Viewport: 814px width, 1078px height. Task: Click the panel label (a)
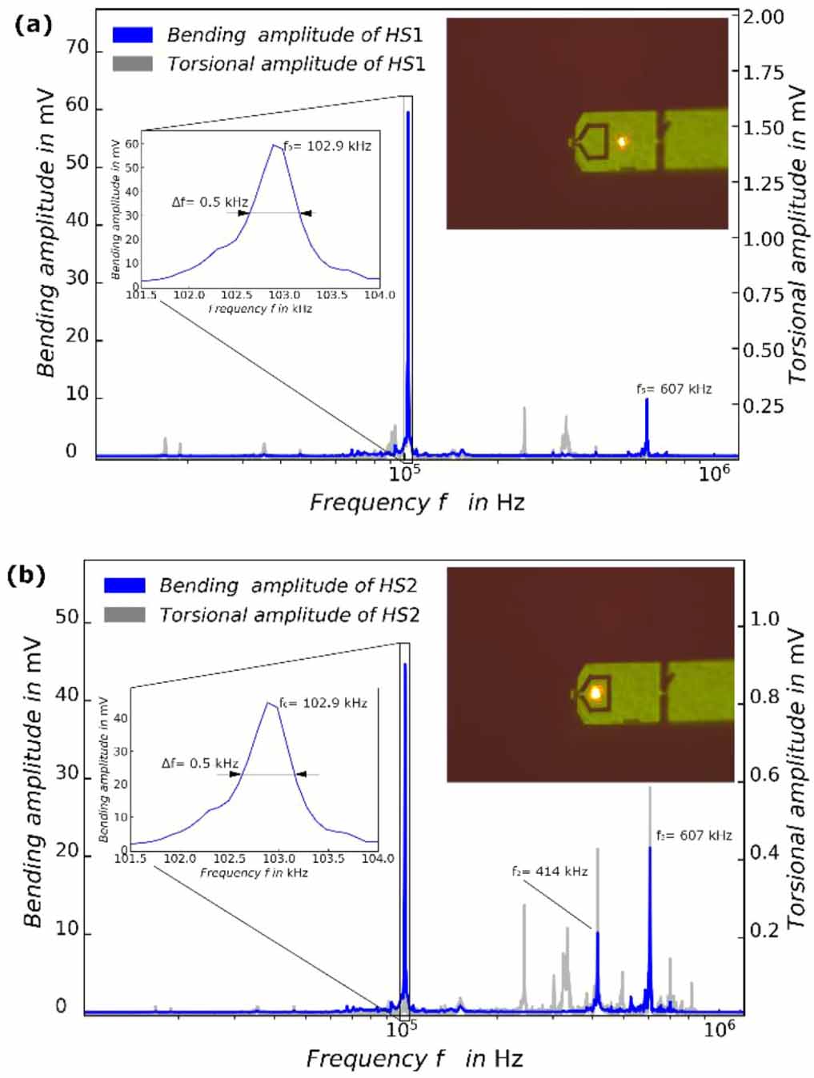point(33,25)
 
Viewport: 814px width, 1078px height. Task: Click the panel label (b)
point(26,575)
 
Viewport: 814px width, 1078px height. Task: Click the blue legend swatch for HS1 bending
point(132,35)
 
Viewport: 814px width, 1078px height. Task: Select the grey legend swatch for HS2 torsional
point(124,614)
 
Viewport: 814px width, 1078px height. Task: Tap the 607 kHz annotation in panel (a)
point(673,389)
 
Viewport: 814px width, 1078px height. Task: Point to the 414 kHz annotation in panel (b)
point(549,871)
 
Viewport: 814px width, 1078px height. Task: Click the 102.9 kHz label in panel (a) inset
point(327,146)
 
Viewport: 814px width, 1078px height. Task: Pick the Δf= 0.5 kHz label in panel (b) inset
point(199,763)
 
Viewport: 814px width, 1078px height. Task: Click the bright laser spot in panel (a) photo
point(621,142)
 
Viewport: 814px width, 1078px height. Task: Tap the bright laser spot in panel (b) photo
point(595,693)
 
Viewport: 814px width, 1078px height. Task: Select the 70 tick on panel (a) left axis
point(77,48)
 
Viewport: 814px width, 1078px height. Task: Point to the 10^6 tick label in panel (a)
point(715,473)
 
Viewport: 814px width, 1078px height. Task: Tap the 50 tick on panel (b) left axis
point(66,617)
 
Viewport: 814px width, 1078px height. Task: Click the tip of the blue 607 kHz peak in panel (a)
point(647,399)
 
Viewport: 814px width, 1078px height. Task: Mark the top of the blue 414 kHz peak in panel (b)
point(597,932)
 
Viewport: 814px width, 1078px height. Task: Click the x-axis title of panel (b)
point(414,1059)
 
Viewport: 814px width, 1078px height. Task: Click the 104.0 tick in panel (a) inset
point(379,295)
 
